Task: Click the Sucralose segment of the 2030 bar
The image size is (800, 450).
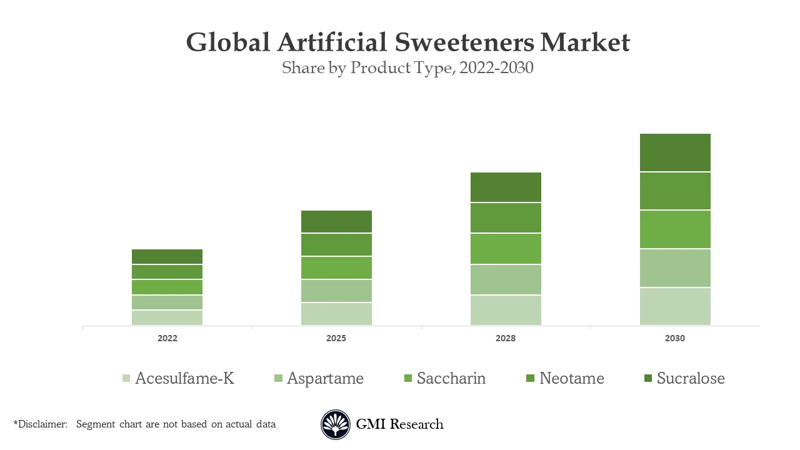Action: [x=675, y=152]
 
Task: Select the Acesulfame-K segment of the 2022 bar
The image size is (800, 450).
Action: [x=167, y=317]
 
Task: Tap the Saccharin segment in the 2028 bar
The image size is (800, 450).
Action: [x=506, y=249]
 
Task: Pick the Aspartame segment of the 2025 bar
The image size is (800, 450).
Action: [x=336, y=291]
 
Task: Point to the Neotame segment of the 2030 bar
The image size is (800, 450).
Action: [x=675, y=191]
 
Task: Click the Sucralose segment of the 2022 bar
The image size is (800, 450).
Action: [x=167, y=256]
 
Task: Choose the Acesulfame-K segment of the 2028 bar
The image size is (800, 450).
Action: [x=506, y=310]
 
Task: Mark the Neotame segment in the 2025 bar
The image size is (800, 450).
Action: [x=336, y=244]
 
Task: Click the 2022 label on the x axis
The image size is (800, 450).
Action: [x=167, y=338]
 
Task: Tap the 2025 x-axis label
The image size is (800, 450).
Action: [x=336, y=338]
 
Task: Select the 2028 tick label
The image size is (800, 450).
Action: [x=506, y=338]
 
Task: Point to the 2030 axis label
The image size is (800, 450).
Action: [x=675, y=338]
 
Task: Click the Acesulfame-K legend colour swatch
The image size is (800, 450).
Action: [x=126, y=378]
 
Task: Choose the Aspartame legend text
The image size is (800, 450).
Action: [x=325, y=378]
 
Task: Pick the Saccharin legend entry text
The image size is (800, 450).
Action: [x=451, y=378]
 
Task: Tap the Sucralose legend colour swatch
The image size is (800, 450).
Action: [x=647, y=378]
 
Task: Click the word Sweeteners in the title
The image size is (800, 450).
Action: [x=465, y=42]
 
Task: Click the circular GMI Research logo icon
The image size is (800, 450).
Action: [x=336, y=424]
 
